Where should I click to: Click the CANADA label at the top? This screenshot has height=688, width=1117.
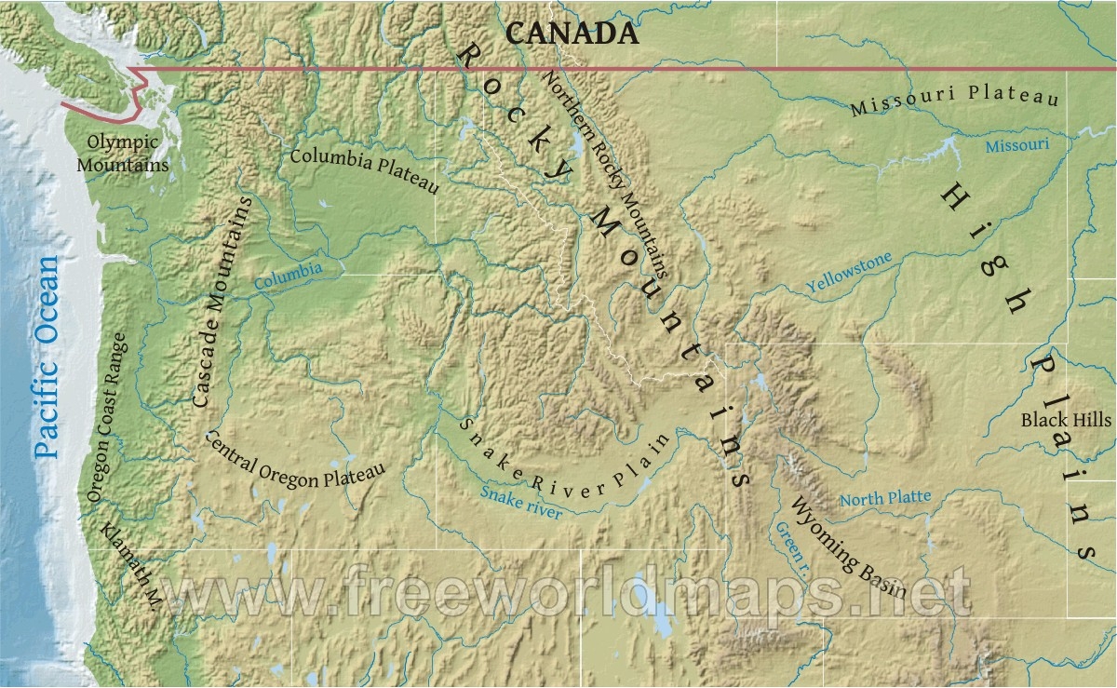tap(572, 34)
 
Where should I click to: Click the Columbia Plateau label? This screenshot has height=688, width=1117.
tap(363, 169)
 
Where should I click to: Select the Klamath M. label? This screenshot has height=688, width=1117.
tap(131, 567)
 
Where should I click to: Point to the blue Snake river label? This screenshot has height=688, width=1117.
tap(521, 503)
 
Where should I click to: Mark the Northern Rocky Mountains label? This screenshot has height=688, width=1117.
tap(605, 175)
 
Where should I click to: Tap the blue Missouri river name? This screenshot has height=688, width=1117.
tap(1017, 145)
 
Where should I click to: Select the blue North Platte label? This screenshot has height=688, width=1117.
tap(885, 499)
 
